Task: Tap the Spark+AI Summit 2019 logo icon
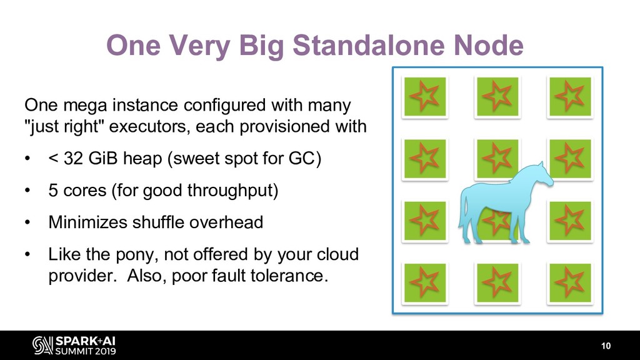pyautogui.click(x=42, y=345)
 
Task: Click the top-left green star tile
pyautogui.click(x=425, y=97)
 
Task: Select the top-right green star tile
pyautogui.click(x=569, y=97)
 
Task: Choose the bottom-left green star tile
pyautogui.click(x=425, y=283)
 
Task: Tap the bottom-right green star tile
pyautogui.click(x=569, y=283)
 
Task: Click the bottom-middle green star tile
pyautogui.click(x=497, y=283)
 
